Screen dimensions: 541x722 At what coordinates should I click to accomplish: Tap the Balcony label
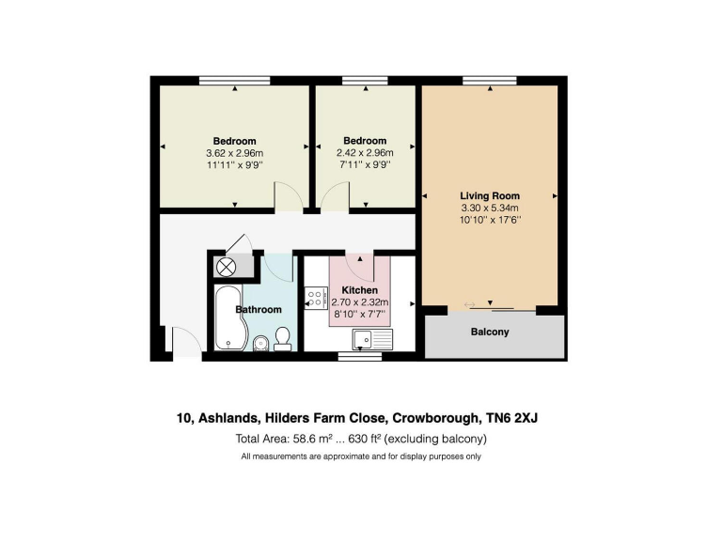tap(489, 332)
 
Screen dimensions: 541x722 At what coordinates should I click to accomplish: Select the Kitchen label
tap(358, 290)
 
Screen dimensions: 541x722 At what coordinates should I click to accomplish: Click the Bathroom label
tap(258, 309)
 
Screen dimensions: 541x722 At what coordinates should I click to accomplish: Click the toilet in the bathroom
tap(282, 338)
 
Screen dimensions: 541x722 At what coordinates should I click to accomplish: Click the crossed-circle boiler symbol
tap(227, 267)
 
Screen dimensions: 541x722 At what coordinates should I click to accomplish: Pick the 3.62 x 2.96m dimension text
tap(234, 153)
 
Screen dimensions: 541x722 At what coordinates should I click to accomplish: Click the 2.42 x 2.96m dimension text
tap(365, 153)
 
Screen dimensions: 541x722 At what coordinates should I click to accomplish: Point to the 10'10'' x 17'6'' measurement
tap(490, 220)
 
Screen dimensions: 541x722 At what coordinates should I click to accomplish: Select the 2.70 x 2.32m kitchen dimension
tap(359, 302)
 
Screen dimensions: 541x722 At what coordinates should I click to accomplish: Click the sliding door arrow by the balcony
tap(471, 304)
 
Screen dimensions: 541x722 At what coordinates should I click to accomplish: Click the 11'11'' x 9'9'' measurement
tap(234, 165)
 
